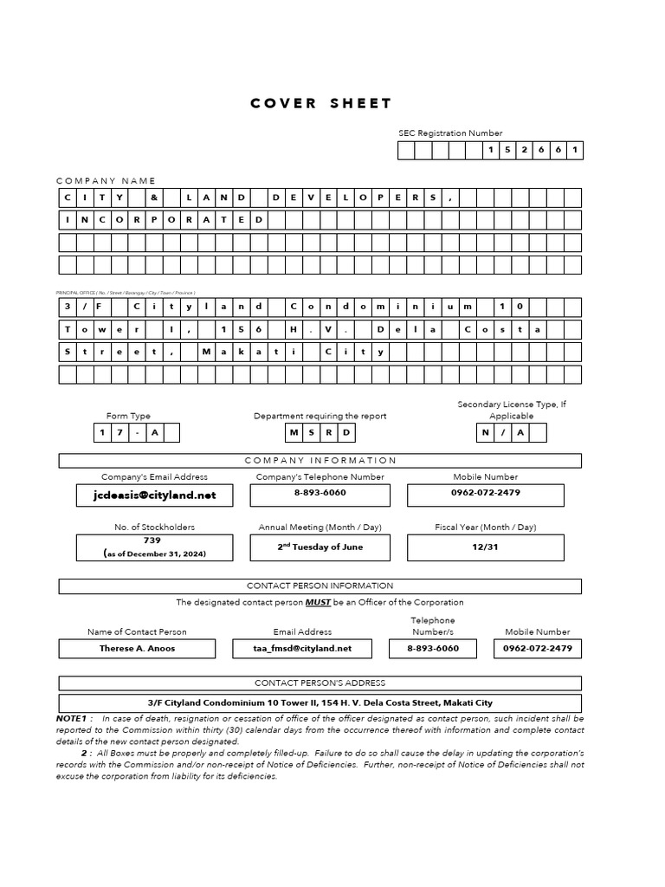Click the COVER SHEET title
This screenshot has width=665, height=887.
coord(320,103)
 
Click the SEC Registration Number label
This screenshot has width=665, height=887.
coord(449,133)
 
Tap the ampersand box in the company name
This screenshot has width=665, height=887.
coord(152,198)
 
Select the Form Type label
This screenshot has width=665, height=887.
coord(128,416)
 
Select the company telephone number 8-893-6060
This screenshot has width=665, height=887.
coord(320,492)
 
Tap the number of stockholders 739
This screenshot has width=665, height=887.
coord(152,540)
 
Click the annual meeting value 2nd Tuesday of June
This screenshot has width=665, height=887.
coord(320,547)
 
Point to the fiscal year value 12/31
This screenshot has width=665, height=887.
coord(485,547)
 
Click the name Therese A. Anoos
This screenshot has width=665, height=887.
coord(137,648)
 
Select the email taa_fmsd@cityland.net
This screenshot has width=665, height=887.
coord(302,648)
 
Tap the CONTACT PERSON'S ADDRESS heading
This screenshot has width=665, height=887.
coord(320,683)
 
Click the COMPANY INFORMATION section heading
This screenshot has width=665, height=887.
coord(320,461)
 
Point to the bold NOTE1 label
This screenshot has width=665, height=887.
coord(74,718)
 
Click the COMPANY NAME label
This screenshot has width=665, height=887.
coord(106,180)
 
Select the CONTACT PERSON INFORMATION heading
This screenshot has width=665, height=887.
coord(320,586)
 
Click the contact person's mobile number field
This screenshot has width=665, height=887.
coord(537,648)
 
